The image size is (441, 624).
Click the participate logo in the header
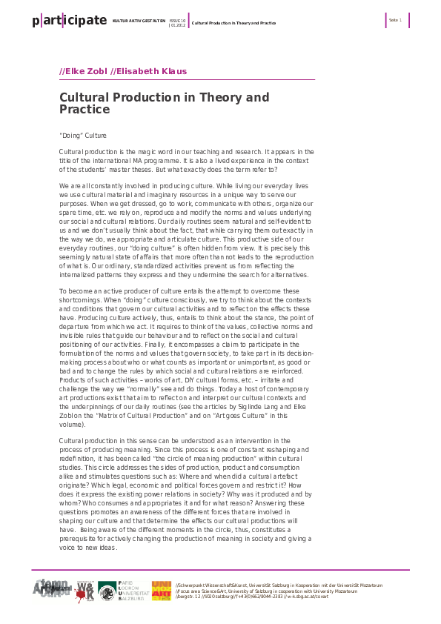tap(69, 21)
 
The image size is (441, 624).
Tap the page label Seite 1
tap(395, 20)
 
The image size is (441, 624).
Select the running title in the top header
tap(233, 23)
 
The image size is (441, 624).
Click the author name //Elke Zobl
tap(82, 72)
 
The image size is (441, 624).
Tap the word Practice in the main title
tap(84, 110)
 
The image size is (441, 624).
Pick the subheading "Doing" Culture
tap(82, 136)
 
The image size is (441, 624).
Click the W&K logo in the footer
tap(85, 592)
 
